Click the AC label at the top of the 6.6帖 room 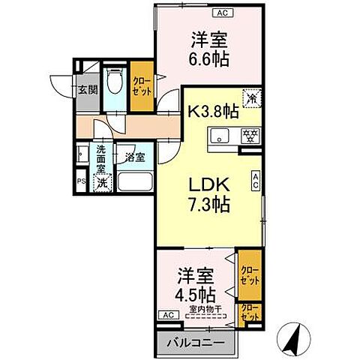(x=222, y=13)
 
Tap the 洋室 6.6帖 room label (x=209, y=49)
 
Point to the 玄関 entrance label (x=88, y=89)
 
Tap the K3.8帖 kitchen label (x=212, y=111)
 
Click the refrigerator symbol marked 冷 (x=253, y=97)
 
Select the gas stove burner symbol (x=249, y=136)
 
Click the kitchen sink (x=220, y=136)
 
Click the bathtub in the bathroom (x=132, y=183)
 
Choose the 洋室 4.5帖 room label (x=197, y=283)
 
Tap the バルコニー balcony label (x=198, y=343)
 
